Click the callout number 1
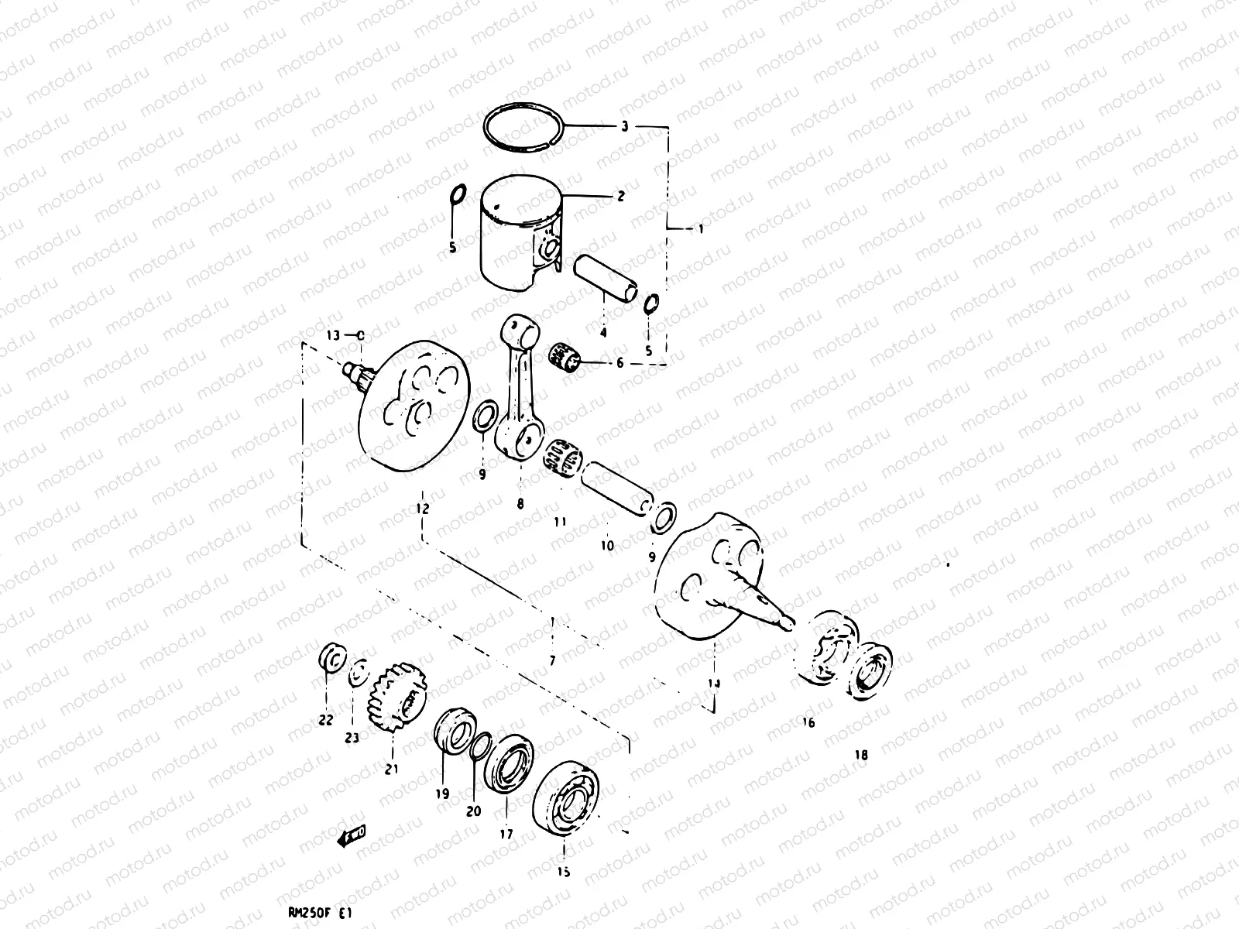pyautogui.click(x=702, y=229)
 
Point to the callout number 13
pyautogui.click(x=334, y=335)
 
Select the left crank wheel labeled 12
pyautogui.click(x=414, y=406)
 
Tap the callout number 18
pyautogui.click(x=861, y=755)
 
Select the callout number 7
pyautogui.click(x=552, y=661)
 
